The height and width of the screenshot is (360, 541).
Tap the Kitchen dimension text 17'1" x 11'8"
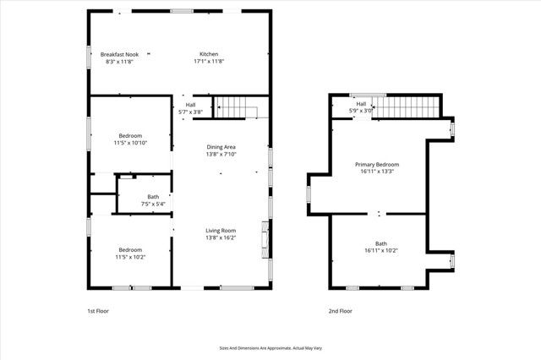tap(208, 62)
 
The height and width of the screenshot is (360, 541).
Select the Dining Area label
tap(221, 147)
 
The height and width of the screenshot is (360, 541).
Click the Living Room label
tap(221, 230)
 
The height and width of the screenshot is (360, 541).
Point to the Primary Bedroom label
tap(376, 164)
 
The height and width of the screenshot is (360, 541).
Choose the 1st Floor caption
tap(98, 311)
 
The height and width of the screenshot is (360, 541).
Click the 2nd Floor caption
tap(340, 311)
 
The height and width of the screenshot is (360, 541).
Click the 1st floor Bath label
tap(129, 197)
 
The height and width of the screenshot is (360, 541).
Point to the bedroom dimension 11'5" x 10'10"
tap(130, 143)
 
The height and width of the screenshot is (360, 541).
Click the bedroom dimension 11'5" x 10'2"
tap(130, 257)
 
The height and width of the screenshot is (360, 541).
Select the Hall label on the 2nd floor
tap(361, 104)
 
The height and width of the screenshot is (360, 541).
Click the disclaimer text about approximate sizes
tap(270, 346)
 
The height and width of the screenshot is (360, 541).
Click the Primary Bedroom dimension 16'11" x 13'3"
tap(376, 172)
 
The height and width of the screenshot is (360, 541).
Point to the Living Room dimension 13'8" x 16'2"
tap(221, 237)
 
